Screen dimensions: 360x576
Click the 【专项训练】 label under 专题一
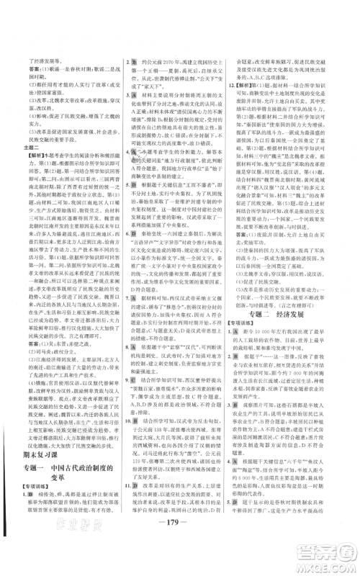pos(32,519)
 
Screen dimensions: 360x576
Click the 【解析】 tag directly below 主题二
pos(24,153)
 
